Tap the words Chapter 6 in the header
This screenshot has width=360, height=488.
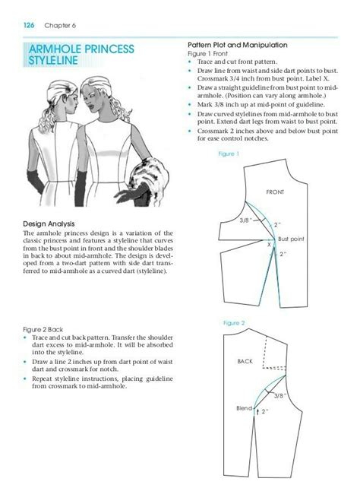click(58, 25)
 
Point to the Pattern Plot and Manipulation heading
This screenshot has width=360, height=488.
click(235, 46)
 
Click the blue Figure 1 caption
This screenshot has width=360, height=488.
click(229, 154)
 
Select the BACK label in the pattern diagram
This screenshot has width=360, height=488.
click(245, 361)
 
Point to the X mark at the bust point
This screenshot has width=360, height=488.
click(268, 245)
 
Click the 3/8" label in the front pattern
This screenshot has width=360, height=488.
click(245, 220)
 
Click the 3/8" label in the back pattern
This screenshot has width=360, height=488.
click(280, 395)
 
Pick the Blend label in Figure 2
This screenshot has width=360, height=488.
click(242, 409)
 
